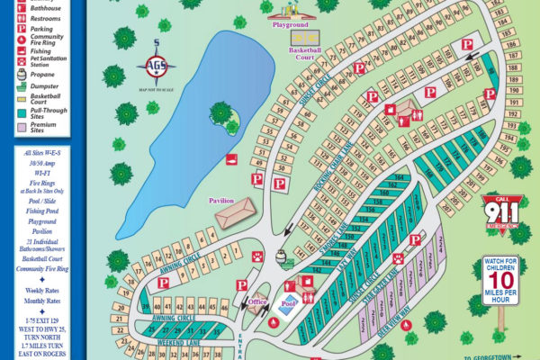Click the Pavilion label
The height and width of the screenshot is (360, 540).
221,200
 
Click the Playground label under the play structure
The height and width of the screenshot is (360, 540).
291,25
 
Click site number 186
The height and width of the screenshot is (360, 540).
512,43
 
